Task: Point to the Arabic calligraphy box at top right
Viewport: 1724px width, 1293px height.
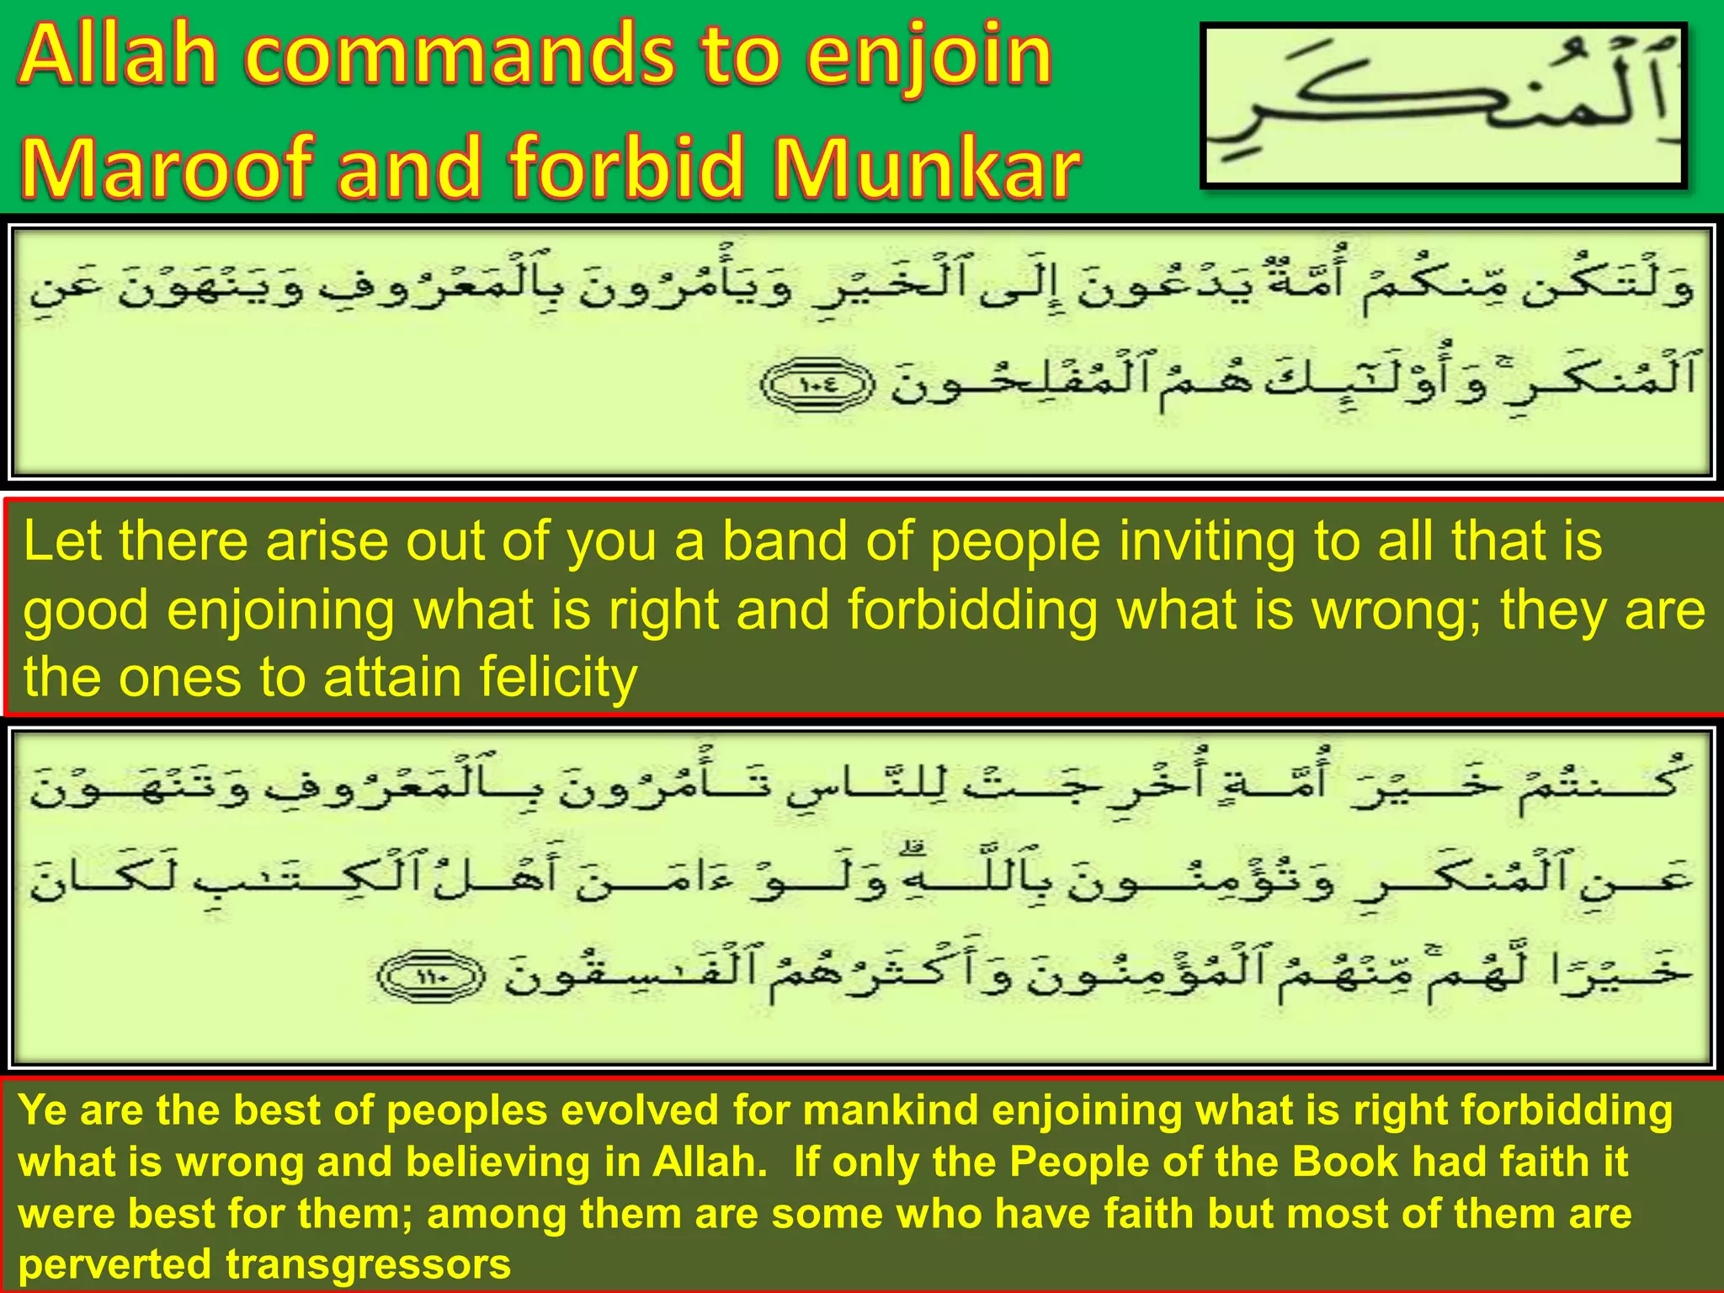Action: pos(1443,106)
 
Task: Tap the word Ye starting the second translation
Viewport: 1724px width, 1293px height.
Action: pos(42,1109)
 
